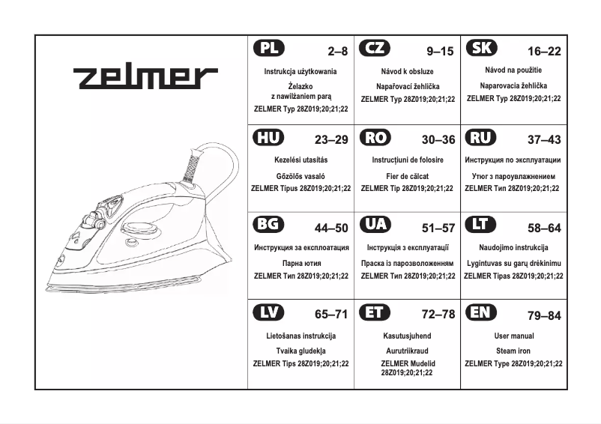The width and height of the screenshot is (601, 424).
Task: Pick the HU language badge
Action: pyautogui.click(x=269, y=138)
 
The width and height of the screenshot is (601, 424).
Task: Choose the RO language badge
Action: pyautogui.click(x=375, y=138)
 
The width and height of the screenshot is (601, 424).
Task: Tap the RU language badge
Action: pyautogui.click(x=481, y=138)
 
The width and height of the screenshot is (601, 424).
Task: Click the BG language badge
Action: pyautogui.click(x=269, y=225)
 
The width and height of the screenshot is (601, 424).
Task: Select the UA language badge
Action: pyautogui.click(x=375, y=225)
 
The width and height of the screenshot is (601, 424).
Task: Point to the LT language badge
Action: pyautogui.click(x=481, y=225)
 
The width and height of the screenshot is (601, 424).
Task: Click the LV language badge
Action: pyautogui.click(x=269, y=313)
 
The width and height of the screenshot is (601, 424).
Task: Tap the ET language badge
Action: pyautogui.click(x=375, y=313)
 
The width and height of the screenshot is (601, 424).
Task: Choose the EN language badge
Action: pyautogui.click(x=481, y=313)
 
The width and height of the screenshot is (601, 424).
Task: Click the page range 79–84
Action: pyautogui.click(x=543, y=316)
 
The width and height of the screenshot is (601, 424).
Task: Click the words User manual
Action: pyautogui.click(x=514, y=336)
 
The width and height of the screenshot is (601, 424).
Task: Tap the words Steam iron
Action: pyautogui.click(x=514, y=350)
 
